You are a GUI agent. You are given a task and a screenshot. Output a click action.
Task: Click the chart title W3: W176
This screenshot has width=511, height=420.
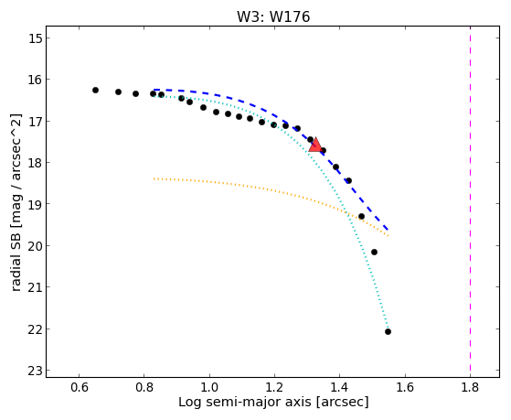[273, 16]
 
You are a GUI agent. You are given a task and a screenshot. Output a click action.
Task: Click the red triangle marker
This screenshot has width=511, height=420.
[315, 145]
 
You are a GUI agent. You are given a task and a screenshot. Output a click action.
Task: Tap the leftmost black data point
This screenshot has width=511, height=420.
[95, 90]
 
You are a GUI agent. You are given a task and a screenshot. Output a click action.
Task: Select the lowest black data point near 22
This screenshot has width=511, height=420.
[388, 331]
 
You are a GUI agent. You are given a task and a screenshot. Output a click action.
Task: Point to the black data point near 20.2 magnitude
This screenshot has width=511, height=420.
[374, 252]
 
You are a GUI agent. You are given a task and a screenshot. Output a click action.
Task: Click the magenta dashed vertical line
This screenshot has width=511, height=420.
[470, 201]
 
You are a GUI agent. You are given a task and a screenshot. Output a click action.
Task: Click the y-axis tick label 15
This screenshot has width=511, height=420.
[36, 38]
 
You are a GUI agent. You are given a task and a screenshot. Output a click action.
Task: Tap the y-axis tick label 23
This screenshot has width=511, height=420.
[36, 371]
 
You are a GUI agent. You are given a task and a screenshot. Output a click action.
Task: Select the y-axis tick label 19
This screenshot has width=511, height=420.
[36, 204]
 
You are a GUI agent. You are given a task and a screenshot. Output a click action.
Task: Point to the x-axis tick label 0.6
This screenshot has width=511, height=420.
[79, 387]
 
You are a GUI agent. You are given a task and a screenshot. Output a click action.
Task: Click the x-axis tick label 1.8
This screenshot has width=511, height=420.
[470, 387]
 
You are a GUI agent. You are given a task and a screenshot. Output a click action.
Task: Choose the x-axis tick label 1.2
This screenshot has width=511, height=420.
[274, 387]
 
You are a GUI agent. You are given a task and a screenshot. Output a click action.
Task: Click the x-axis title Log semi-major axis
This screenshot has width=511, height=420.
[244, 403]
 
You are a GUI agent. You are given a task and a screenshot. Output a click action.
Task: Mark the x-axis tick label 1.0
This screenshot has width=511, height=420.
[209, 387]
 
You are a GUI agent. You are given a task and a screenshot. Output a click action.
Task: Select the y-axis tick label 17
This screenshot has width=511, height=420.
[36, 122]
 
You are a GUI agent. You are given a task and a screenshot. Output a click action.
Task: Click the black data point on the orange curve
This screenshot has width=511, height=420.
[361, 216]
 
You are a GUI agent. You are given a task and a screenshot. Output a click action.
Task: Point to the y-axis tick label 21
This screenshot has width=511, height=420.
[36, 286]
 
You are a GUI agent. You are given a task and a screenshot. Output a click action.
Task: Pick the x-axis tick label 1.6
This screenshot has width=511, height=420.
[405, 387]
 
